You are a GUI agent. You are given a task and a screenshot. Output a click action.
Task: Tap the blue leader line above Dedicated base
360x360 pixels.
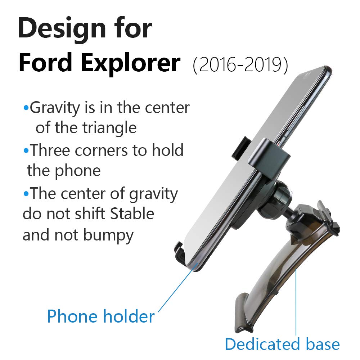296,306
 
